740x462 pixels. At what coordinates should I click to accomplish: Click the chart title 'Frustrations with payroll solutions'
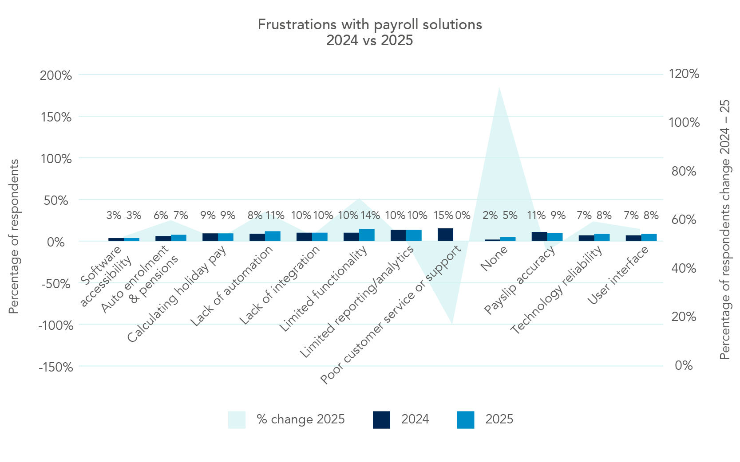pos(369,24)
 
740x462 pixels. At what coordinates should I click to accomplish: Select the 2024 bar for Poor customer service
pos(445,235)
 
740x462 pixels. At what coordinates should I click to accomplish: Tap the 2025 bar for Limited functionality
pos(367,235)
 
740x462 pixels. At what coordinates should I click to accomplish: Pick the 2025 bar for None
pos(508,239)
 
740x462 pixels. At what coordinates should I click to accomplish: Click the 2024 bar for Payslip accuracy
pos(539,236)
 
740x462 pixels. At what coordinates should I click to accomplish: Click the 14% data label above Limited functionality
pos(370,216)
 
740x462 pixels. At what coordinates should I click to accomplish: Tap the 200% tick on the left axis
pos(56,75)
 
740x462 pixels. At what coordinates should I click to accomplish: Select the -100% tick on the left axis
pos(56,326)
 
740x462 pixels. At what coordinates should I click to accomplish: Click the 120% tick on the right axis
pos(684,74)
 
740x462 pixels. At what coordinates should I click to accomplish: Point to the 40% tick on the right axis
pos(684,268)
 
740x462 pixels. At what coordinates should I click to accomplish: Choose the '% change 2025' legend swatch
pos(237,419)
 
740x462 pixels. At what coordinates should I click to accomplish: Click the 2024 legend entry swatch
pos(381,419)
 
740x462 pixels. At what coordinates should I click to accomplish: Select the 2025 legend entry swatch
pos(465,419)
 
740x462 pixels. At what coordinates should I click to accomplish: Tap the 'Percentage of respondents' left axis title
pos(14,236)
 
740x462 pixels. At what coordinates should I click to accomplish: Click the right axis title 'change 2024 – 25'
pos(724,186)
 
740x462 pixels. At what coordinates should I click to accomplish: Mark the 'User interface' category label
pos(618,276)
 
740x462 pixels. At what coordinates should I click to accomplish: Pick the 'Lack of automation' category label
pos(232,286)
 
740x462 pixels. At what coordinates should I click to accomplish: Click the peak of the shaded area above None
pos(499,88)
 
